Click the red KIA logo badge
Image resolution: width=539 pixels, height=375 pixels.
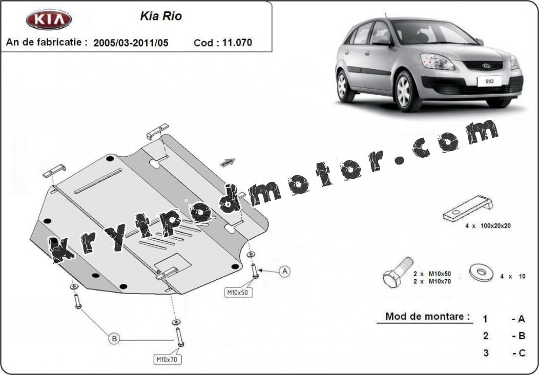[x=49, y=19]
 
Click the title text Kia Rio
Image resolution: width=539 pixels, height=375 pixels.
[x=161, y=16]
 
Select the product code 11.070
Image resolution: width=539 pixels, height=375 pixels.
[x=237, y=43]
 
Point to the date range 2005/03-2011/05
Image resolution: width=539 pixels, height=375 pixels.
[x=131, y=43]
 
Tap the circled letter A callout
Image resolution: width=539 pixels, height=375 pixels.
[x=285, y=272]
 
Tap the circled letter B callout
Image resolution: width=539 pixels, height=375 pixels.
[x=114, y=339]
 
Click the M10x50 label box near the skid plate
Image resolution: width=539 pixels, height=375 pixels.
[x=238, y=293]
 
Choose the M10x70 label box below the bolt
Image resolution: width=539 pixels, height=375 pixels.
[x=167, y=360]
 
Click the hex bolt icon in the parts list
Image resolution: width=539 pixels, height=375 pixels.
[x=398, y=272]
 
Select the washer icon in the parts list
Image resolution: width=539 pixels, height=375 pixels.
[x=481, y=272]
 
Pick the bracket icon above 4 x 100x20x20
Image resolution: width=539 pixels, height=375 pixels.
[x=468, y=209]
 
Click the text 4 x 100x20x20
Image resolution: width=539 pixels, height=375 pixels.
[x=488, y=226]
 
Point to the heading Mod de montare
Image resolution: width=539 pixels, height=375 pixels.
[x=427, y=316]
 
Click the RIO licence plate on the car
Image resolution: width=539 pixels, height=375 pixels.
[x=489, y=81]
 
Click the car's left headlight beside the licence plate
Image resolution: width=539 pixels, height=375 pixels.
[x=437, y=61]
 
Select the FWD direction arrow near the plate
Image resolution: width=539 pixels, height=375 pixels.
[x=227, y=162]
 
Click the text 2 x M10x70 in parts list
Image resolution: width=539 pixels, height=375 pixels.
[x=432, y=282]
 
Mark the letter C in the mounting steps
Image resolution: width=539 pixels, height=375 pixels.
[x=522, y=353]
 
